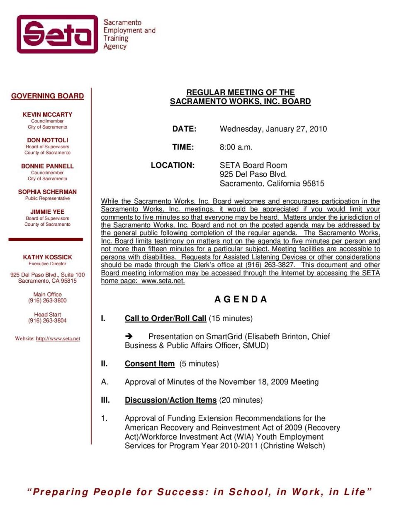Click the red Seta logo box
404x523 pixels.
pos(57,34)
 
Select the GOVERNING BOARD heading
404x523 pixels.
pos(47,96)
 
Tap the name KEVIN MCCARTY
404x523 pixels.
pos(47,115)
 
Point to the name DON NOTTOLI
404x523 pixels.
pos(47,140)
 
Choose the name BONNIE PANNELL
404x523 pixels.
pos(47,166)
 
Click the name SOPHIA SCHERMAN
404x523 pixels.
pos(47,192)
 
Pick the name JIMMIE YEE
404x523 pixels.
pos(47,212)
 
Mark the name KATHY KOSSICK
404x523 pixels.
pos(47,257)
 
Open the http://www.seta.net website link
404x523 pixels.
pos(58,339)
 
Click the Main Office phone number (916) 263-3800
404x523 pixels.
pos(47,301)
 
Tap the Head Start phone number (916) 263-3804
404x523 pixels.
pos(47,320)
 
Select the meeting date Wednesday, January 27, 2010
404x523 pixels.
pos(273,129)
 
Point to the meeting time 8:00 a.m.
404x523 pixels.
pos(236,147)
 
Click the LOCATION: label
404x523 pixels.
pos(173,165)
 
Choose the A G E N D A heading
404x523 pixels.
pos(241,299)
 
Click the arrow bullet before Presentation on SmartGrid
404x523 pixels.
pos(129,336)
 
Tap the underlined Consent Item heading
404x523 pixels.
pos(149,364)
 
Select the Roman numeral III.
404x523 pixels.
pos(105,400)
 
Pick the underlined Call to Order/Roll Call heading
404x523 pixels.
pos(165,318)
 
